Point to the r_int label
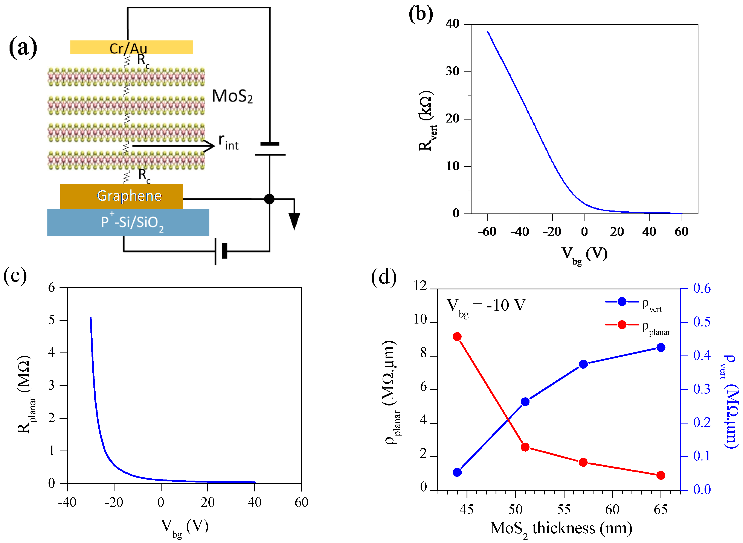point(228,142)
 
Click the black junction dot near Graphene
point(269,199)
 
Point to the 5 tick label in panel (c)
point(52,320)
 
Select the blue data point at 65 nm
point(660,347)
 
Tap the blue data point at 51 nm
point(525,402)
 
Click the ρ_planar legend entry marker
point(622,325)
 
